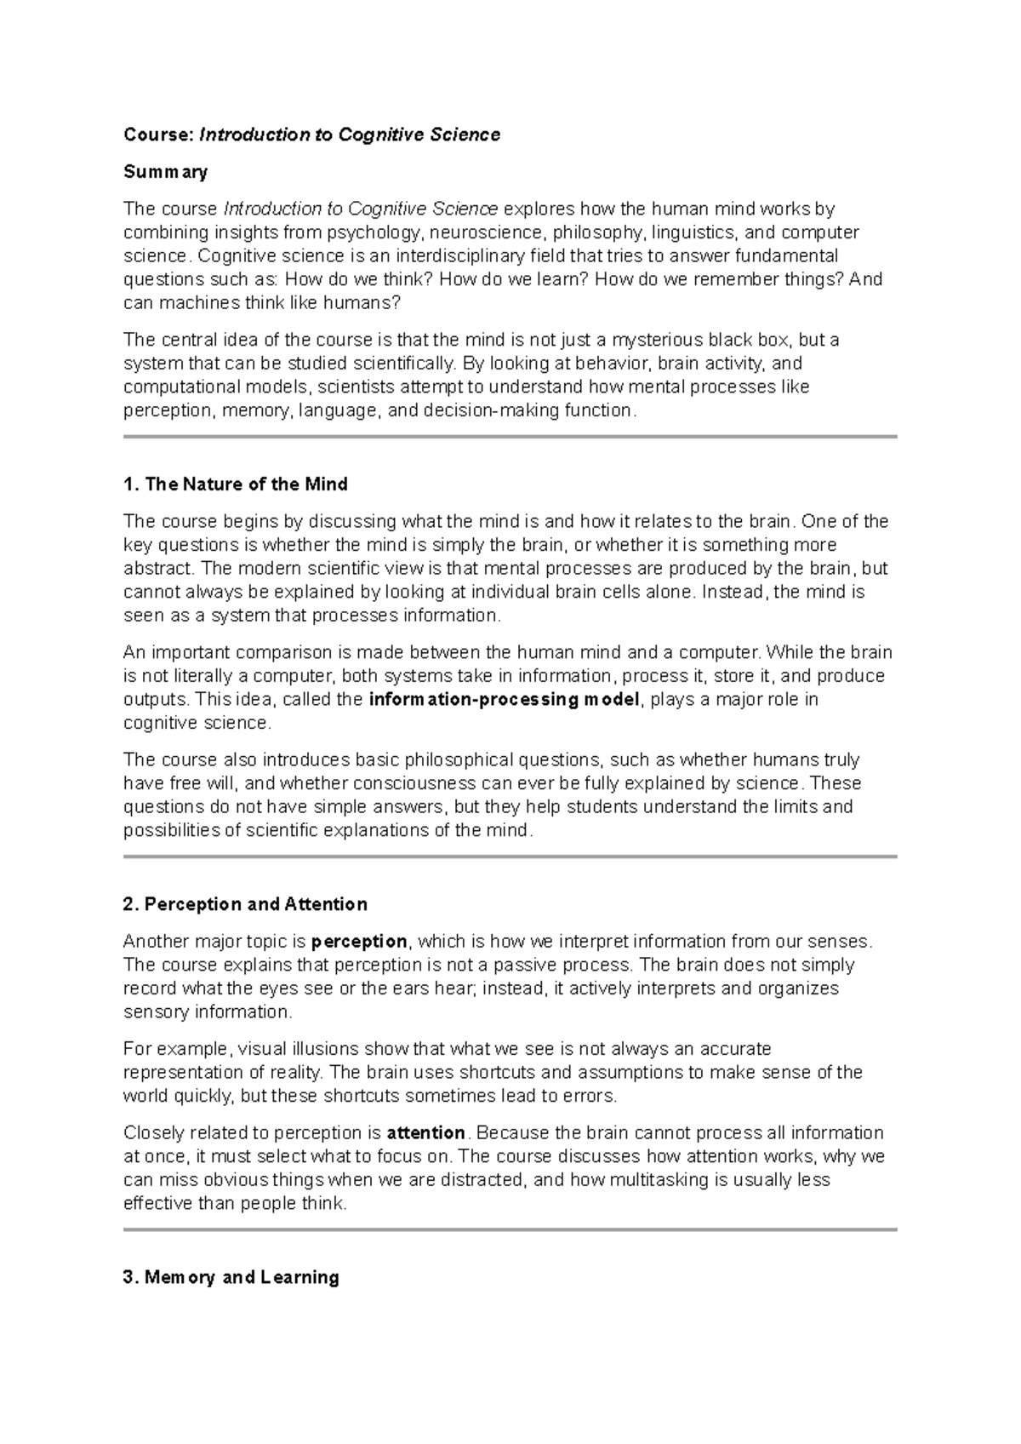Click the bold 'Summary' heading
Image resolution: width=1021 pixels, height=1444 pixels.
click(165, 172)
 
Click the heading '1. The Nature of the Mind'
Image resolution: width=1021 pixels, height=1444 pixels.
click(235, 484)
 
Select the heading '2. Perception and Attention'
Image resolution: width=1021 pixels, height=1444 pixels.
click(245, 904)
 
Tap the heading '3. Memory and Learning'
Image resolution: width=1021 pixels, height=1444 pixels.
click(231, 1277)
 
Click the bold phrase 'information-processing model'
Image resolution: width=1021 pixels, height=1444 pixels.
click(505, 700)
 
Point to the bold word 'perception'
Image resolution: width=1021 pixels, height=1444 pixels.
click(359, 942)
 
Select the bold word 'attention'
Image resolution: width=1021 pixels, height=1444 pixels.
click(425, 1133)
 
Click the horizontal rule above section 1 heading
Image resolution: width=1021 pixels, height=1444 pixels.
click(510, 437)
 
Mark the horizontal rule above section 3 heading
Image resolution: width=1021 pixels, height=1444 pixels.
click(510, 1229)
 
